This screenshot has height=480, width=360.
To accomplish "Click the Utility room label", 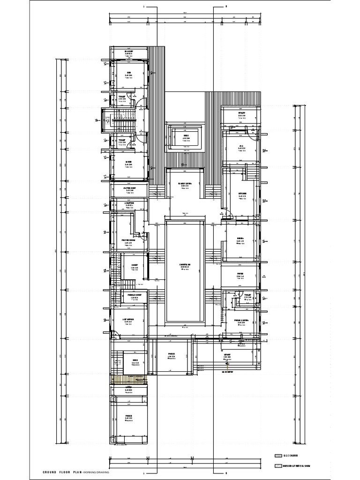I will pyautogui.click(x=241, y=113).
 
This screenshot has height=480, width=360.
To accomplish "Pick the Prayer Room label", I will pyautogui.click(x=129, y=240).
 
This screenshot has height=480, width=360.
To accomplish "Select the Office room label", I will pyautogui.click(x=129, y=319).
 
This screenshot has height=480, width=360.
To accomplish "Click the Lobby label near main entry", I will pyautogui.click(x=227, y=355).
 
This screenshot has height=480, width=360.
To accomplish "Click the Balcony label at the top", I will pyautogui.click(x=129, y=51).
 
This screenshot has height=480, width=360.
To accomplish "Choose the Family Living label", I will pyautogui.click(x=186, y=184).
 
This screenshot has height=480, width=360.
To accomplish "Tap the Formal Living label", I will pyautogui.click(x=241, y=321).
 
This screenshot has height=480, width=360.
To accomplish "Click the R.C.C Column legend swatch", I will pyautogui.click(x=278, y=455).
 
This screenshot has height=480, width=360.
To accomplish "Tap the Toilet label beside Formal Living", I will pyautogui.click(x=248, y=295).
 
